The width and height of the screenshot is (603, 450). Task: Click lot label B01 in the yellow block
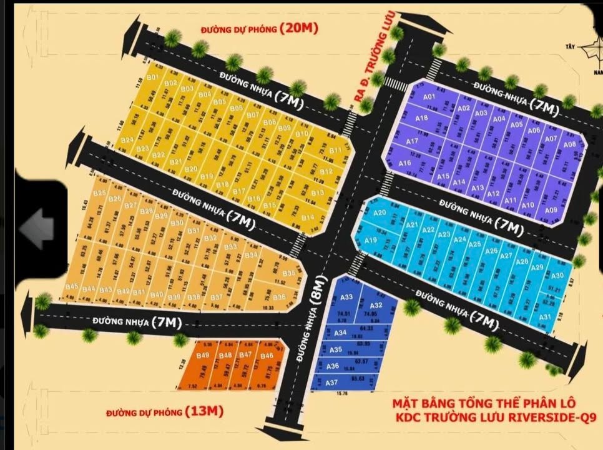[152, 77]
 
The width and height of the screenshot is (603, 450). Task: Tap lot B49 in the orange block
[202, 356]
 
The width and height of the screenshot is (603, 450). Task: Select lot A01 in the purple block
[429, 97]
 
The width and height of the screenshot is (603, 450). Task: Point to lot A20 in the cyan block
[380, 213]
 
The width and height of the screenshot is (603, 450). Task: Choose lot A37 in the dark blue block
[332, 382]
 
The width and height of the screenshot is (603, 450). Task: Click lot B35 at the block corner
[289, 274]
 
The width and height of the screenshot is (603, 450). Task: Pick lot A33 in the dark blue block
[347, 297]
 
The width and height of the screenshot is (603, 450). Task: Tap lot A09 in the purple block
[551, 210]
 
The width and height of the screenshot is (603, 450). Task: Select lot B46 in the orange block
[267, 356]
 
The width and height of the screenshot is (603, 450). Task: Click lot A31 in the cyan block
[545, 317]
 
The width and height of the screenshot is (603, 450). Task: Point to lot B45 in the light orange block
[72, 287]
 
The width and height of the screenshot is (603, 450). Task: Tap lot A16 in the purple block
[404, 164]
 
